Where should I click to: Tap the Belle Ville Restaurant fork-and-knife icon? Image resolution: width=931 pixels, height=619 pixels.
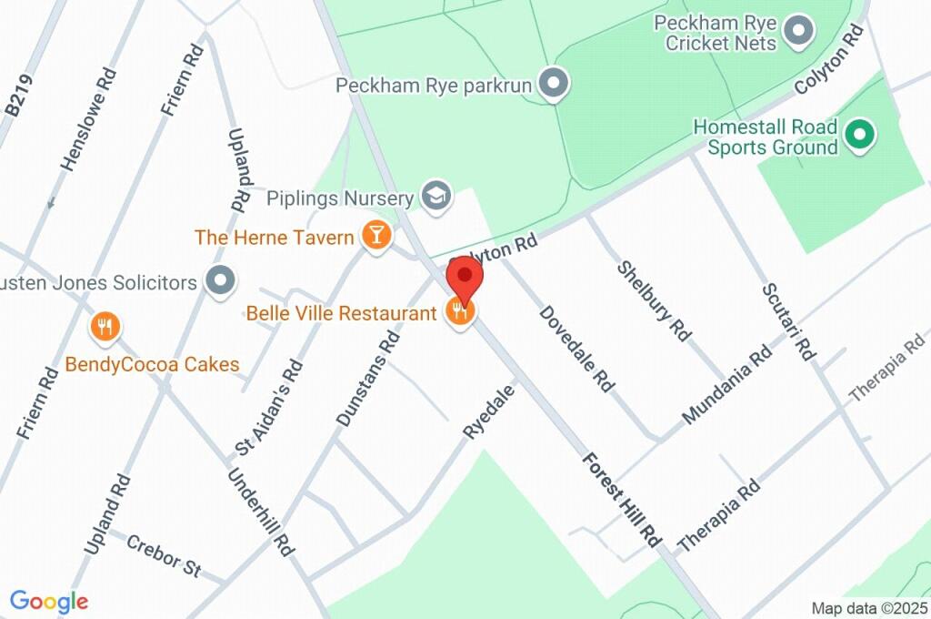pyautogui.click(x=460, y=313)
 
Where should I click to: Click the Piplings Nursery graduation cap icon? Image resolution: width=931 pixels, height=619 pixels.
pyautogui.click(x=437, y=196)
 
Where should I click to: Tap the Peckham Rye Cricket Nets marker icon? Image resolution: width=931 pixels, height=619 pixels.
pyautogui.click(x=799, y=32)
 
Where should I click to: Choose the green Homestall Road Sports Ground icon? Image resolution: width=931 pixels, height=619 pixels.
pyautogui.click(x=858, y=136)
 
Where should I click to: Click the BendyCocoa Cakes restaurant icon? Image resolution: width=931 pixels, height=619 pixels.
pyautogui.click(x=106, y=326)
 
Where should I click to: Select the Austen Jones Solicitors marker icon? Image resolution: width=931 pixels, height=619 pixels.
pyautogui.click(x=219, y=281)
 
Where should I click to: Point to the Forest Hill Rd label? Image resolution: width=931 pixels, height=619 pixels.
pyautogui.click(x=621, y=497)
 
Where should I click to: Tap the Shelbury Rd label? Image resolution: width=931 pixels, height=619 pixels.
pyautogui.click(x=654, y=300)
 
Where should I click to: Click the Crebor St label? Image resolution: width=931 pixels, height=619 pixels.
pyautogui.click(x=164, y=554)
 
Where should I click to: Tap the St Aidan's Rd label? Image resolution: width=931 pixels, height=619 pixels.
pyautogui.click(x=268, y=407)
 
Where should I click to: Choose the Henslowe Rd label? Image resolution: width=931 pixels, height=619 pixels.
pyautogui.click(x=87, y=118)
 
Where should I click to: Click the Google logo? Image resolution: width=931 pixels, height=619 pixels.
pyautogui.click(x=49, y=601)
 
